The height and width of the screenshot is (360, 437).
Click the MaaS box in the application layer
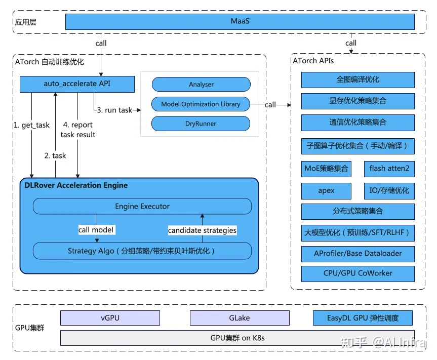pyautogui.click(x=240, y=21)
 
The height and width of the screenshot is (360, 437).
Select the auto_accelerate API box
pyautogui.click(x=77, y=84)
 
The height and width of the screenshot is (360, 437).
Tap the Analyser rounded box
pyautogui.click(x=201, y=85)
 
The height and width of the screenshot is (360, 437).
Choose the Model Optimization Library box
pyautogui.click(x=201, y=104)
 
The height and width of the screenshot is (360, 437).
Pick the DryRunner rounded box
pyautogui.click(x=201, y=124)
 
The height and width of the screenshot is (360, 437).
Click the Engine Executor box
pyautogui.click(x=142, y=206)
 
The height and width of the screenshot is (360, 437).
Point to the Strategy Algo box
pyautogui.click(x=142, y=251)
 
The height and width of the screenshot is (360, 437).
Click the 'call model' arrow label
pyautogui.click(x=96, y=230)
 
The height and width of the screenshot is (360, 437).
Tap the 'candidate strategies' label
pyautogui.click(x=203, y=230)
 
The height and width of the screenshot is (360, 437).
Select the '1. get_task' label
pyautogui.click(x=32, y=125)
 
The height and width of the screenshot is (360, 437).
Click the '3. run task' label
pyautogui.click(x=114, y=110)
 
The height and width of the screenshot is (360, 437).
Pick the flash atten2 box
pyautogui.click(x=389, y=169)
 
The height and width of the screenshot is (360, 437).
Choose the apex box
pyautogui.click(x=326, y=191)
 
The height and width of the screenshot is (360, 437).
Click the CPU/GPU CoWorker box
pyautogui.click(x=358, y=273)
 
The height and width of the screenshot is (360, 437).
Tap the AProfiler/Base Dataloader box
pyautogui.click(x=358, y=254)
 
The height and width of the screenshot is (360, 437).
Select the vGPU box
pyautogui.click(x=110, y=318)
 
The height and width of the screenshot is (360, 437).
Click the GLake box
pyautogui.click(x=240, y=318)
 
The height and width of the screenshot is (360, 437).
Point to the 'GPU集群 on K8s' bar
pyautogui.click(x=237, y=338)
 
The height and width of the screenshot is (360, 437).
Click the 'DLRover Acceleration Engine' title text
pyautogui.click(x=76, y=185)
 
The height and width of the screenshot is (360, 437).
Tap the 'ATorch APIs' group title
pyautogui.click(x=313, y=61)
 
